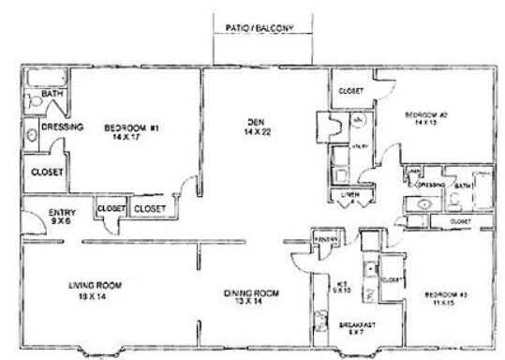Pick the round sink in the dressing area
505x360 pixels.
click(x=31, y=135)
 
